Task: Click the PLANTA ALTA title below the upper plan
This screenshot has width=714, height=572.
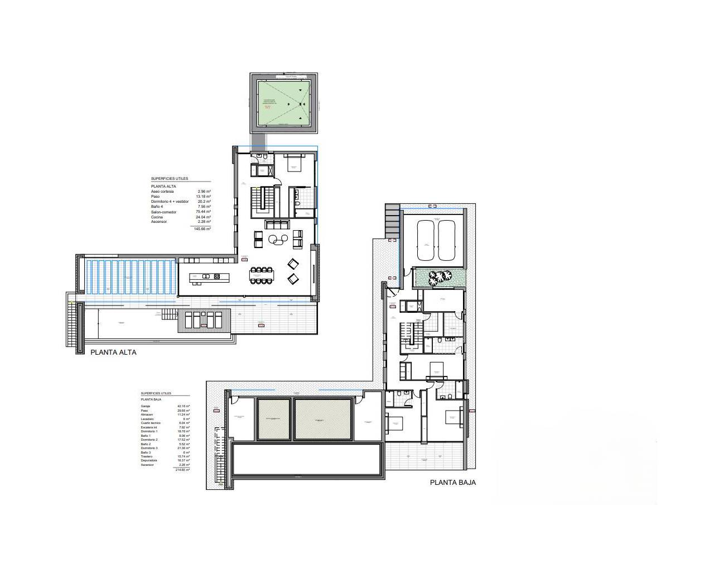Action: [x=113, y=352]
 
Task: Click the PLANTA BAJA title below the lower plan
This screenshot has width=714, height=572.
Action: [x=452, y=483]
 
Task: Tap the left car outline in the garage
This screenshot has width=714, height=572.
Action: [x=426, y=240]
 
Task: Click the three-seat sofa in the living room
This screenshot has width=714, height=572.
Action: [x=277, y=225]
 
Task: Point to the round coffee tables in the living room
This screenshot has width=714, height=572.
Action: [x=277, y=240]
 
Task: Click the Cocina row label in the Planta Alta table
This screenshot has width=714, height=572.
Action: [x=156, y=217]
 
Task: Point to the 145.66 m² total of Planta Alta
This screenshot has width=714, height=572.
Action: [x=202, y=229]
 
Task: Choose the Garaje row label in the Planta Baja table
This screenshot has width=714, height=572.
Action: [x=146, y=406]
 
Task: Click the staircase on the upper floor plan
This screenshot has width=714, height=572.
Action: [x=262, y=198]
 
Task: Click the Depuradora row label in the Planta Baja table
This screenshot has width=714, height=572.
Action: [x=149, y=460]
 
